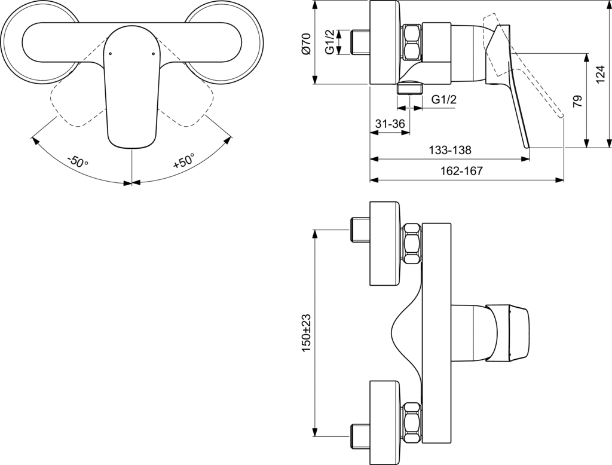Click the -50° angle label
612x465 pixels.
click(78, 161)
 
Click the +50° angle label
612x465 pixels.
click(183, 161)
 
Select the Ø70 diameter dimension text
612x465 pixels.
click(306, 43)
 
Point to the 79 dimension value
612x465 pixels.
click(577, 100)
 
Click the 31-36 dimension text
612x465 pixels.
click(390, 124)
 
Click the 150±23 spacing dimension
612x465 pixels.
click(306, 333)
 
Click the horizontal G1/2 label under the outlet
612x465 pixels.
click(443, 100)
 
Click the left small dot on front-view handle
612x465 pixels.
click(111, 54)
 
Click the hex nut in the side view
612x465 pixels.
click(412, 42)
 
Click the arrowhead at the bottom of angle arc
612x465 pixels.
click(131, 182)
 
